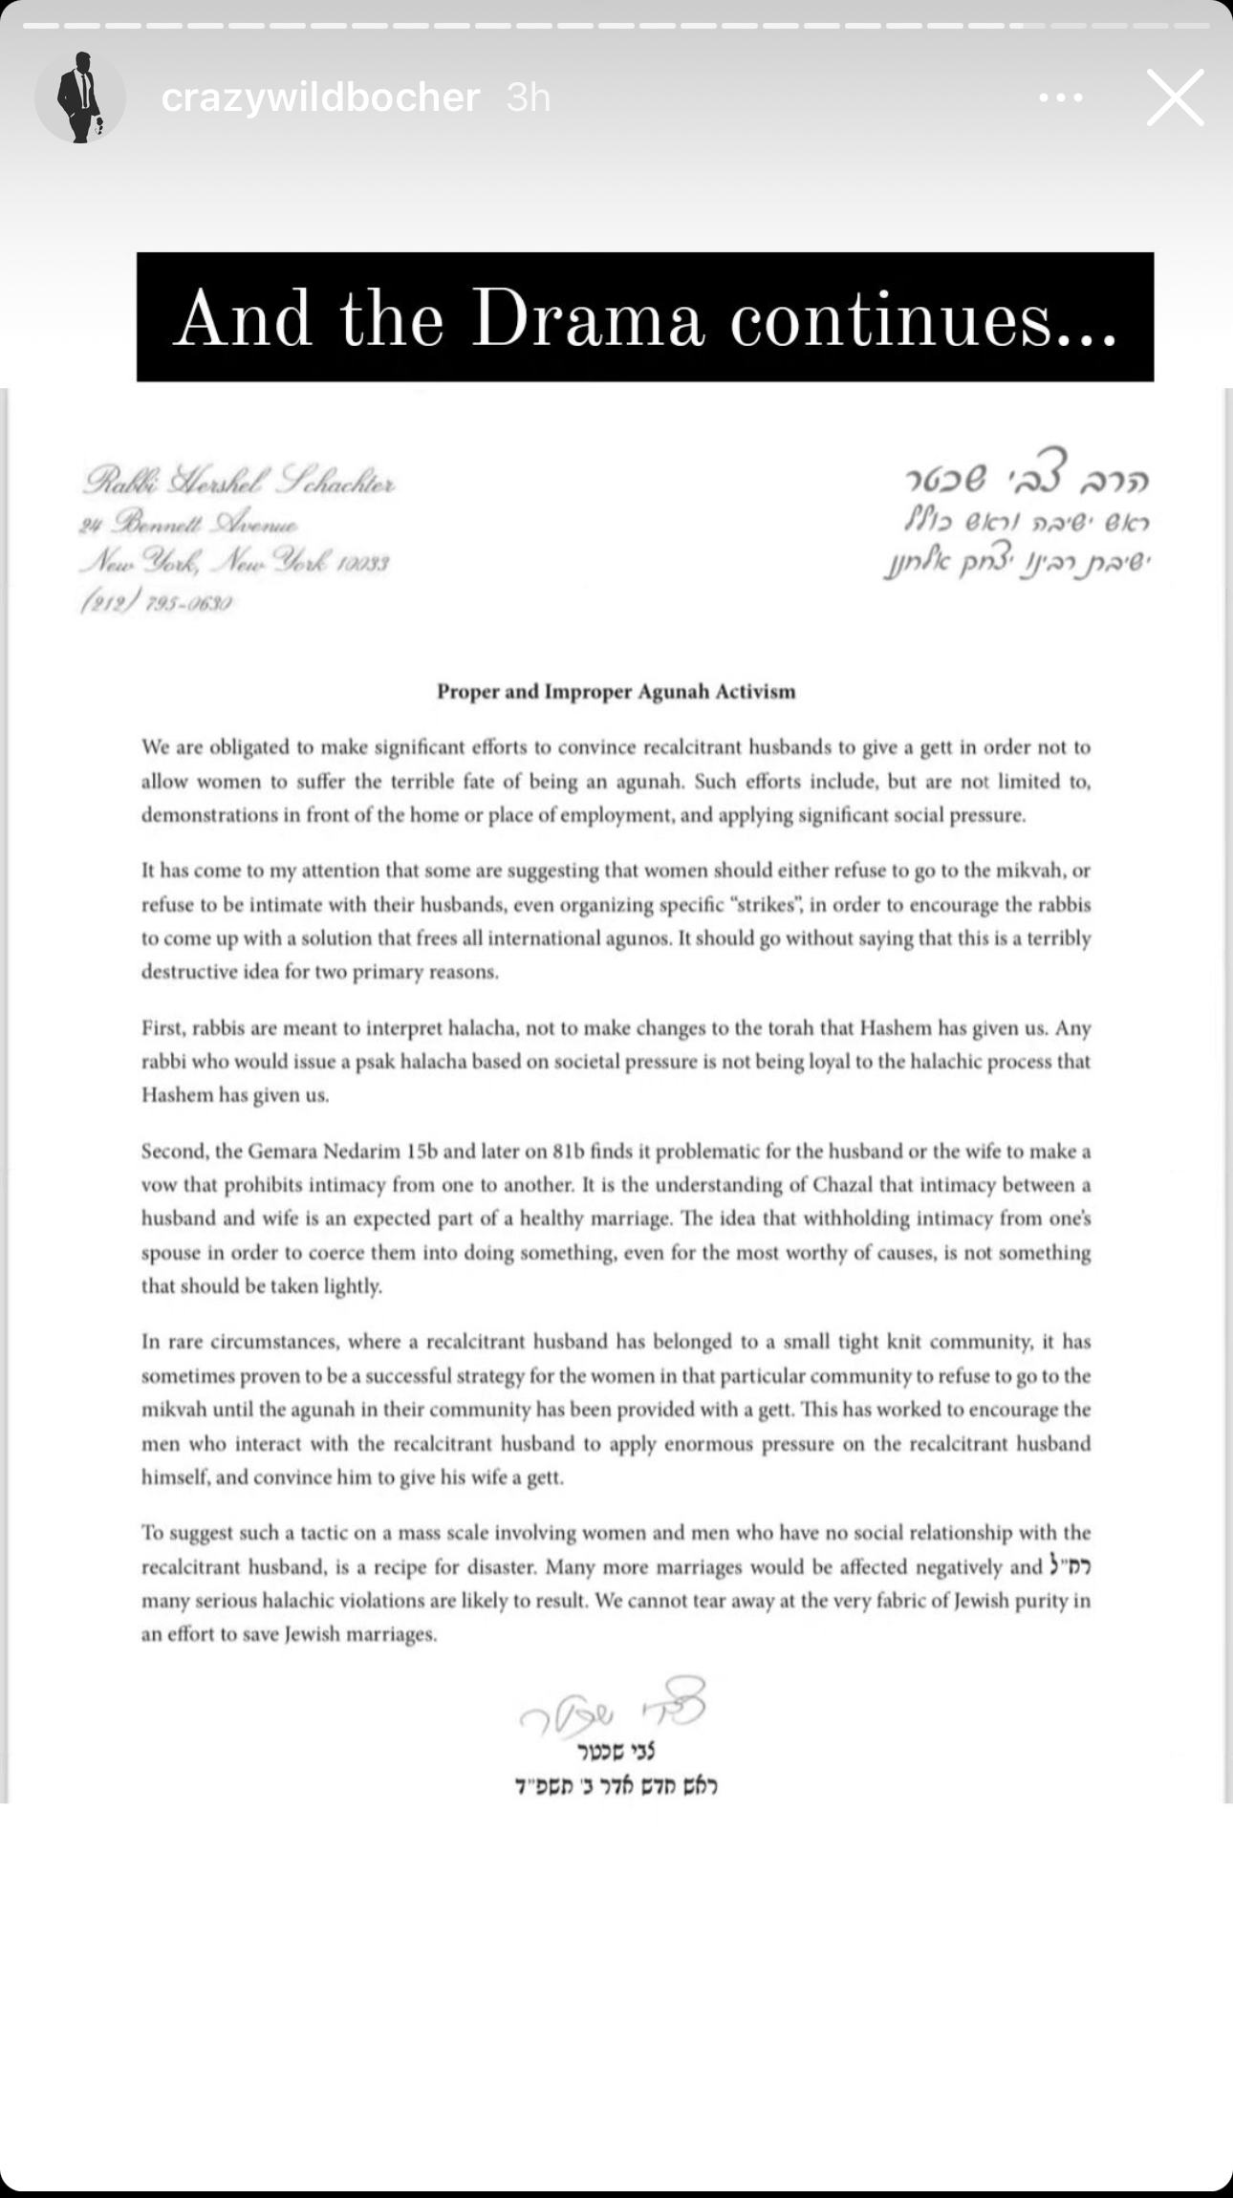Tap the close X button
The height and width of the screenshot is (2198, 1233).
[1175, 97]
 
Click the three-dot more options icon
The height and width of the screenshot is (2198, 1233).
[1060, 97]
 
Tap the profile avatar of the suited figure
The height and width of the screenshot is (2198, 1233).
[80, 97]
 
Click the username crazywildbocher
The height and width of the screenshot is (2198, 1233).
[320, 97]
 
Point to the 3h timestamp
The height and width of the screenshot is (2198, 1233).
[529, 97]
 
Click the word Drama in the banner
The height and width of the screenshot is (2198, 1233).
[587, 318]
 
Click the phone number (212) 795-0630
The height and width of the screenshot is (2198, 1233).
[157, 603]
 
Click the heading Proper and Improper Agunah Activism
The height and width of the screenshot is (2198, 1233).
[616, 692]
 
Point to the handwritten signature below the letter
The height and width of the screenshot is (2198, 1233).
[612, 1707]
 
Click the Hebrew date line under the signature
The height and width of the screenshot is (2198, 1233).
[616, 1785]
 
